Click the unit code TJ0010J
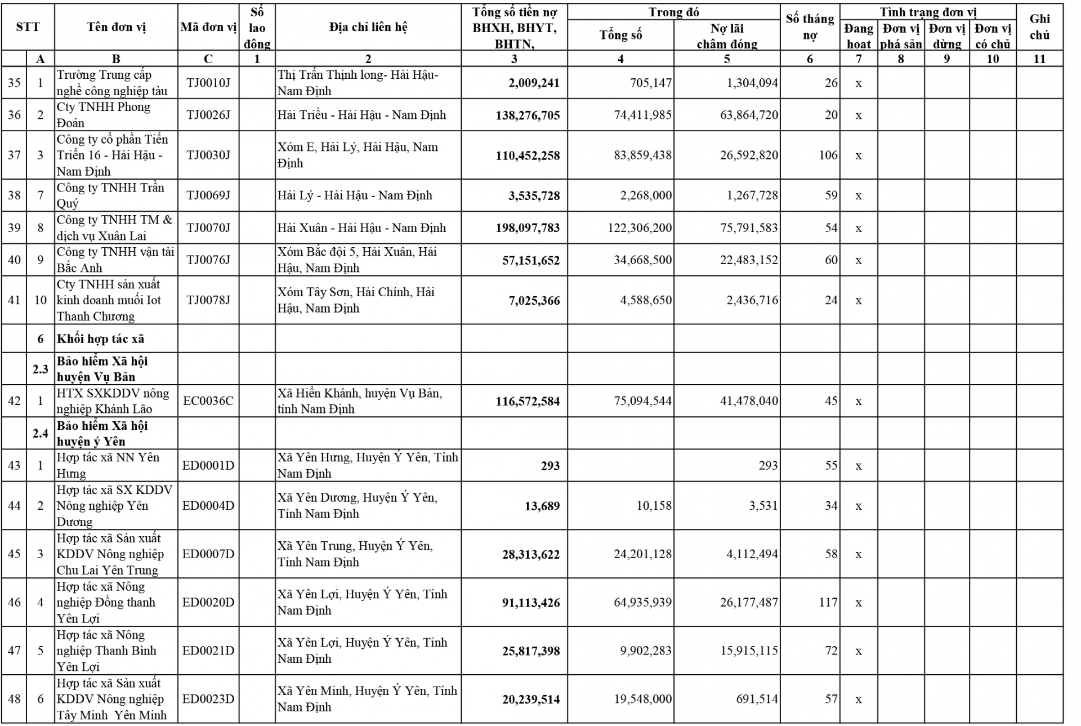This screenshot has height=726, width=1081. pyautogui.click(x=208, y=83)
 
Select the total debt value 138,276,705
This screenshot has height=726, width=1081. pyautogui.click(x=528, y=115)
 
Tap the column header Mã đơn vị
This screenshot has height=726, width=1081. pyautogui.click(x=208, y=27)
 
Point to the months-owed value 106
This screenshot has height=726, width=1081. pyautogui.click(x=828, y=155)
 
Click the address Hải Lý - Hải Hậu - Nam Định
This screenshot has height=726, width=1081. pyautogui.click(x=355, y=195)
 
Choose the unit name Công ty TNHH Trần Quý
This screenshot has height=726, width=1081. pyautogui.click(x=110, y=195)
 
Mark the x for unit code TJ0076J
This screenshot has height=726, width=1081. pyautogui.click(x=858, y=260)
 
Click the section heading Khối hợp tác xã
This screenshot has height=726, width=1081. pyautogui.click(x=100, y=338)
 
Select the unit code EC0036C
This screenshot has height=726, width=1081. pyautogui.click(x=208, y=401)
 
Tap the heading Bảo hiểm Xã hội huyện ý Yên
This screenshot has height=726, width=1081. pyautogui.click(x=102, y=433)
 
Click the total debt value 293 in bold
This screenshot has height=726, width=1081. pyautogui.click(x=550, y=466)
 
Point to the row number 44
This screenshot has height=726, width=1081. pyautogui.click(x=14, y=506)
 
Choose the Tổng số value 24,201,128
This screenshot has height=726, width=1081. pyautogui.click(x=642, y=554)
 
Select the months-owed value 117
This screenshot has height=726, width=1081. pyautogui.click(x=828, y=603)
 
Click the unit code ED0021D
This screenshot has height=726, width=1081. pyautogui.click(x=208, y=651)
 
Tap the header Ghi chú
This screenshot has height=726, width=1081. pyautogui.click(x=1039, y=27)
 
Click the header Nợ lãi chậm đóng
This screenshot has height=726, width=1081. pyautogui.click(x=726, y=36)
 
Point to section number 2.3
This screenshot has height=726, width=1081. pyautogui.click(x=40, y=369)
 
